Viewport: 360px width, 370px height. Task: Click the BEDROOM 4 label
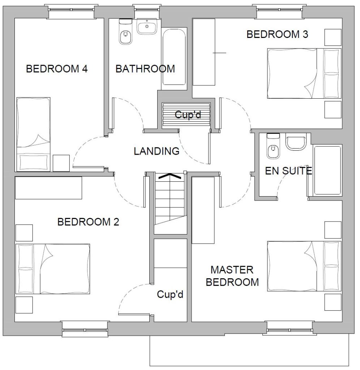point(57,69)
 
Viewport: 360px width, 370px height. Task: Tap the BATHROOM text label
point(145,69)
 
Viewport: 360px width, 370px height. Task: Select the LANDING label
point(157,151)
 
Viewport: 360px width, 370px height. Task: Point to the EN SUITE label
point(288,171)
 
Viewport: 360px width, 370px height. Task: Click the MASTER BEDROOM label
point(232,276)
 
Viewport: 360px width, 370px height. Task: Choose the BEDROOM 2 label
point(88,222)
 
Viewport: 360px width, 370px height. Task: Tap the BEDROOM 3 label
point(277,34)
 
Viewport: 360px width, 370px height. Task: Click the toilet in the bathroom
point(125,32)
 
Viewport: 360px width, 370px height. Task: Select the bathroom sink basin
point(147,26)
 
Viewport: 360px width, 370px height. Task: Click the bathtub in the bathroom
point(174,57)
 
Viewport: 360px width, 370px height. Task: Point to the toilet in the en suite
point(273,146)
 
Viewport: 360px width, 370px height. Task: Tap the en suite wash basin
point(296,142)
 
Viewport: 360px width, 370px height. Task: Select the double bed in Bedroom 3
point(304,73)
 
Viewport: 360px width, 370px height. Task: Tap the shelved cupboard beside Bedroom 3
point(186,115)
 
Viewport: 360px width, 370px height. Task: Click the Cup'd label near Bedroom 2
point(170,294)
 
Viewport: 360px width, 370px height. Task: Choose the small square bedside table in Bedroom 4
point(61,163)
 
